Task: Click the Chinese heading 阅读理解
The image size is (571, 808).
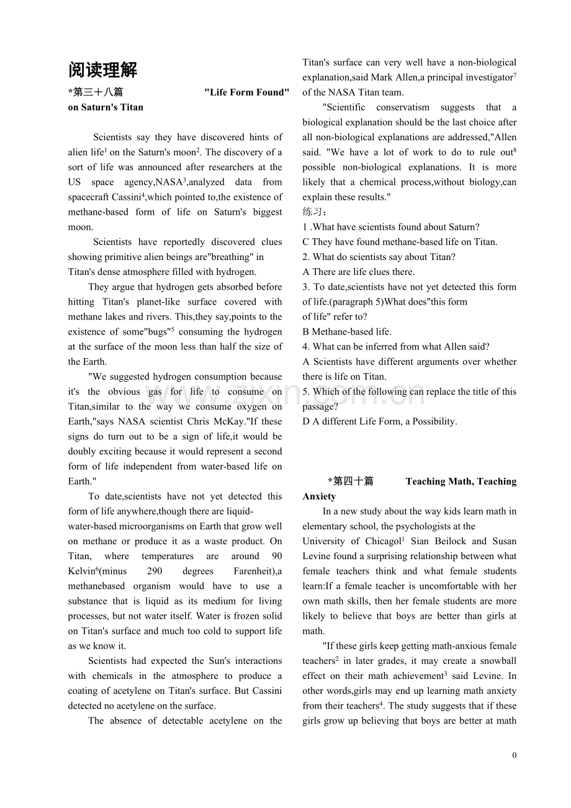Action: tap(102, 70)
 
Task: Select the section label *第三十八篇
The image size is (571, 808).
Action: tap(96, 92)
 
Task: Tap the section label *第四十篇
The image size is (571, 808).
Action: tap(351, 481)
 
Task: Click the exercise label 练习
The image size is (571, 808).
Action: tap(314, 212)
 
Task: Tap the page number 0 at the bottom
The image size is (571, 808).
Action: tap(514, 755)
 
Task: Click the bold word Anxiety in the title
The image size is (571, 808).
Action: tap(319, 496)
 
